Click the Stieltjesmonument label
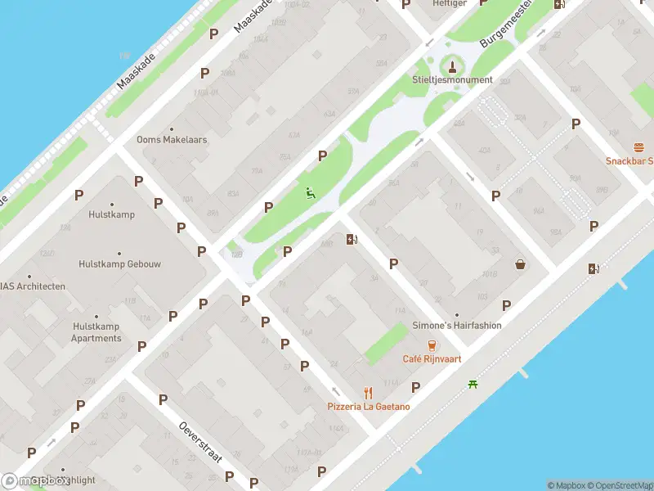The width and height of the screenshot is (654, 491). point(452,80)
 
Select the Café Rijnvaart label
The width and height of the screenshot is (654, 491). point(432,358)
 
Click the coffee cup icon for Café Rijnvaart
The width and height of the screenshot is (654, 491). point(432,345)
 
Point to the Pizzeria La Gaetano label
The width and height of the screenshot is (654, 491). point(369,407)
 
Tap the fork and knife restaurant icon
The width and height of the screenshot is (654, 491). point(369,392)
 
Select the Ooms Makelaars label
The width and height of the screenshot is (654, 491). point(172,140)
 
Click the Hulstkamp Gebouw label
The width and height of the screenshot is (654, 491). point(119,264)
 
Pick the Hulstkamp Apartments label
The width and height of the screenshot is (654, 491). point(96,332)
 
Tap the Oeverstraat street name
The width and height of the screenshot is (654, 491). point(201,443)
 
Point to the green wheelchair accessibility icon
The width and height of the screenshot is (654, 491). point(311,194)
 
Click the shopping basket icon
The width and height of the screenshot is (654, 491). point(520,264)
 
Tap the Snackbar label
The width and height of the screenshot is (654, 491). point(629,160)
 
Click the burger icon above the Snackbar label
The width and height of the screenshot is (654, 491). point(638,147)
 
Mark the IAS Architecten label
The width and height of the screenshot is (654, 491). point(33,286)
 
